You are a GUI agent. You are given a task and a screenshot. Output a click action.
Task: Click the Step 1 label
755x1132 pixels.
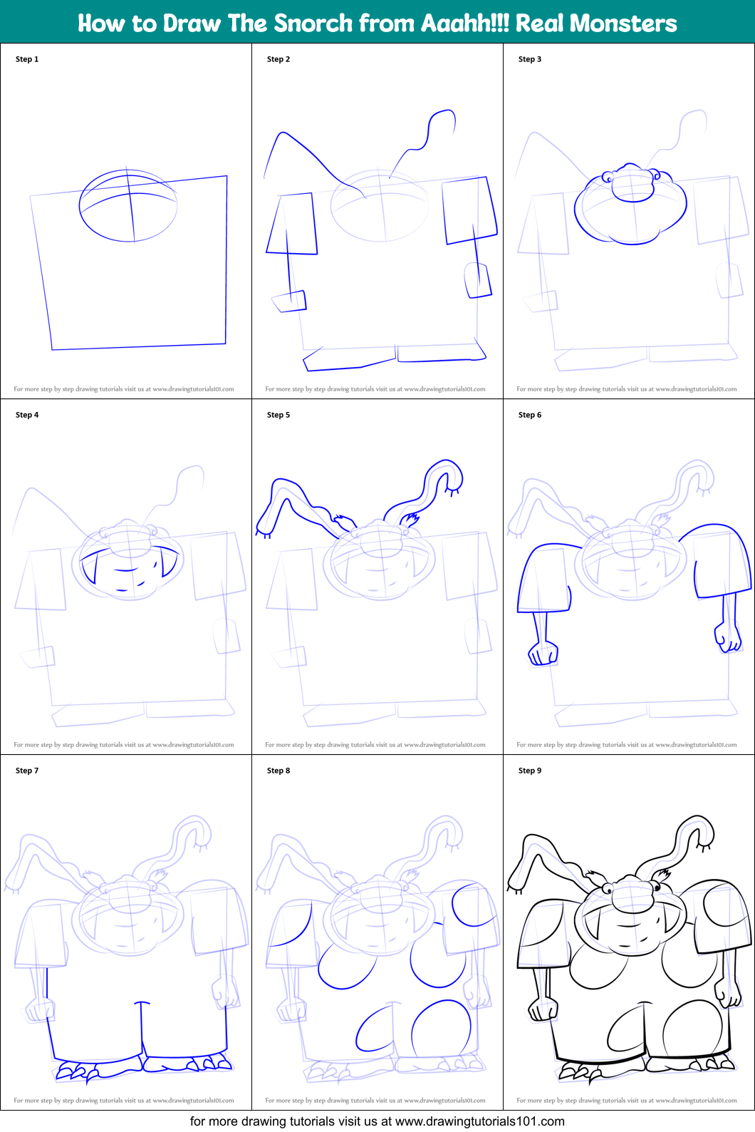click(27, 59)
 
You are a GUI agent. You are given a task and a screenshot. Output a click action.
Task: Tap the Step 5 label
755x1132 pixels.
click(278, 415)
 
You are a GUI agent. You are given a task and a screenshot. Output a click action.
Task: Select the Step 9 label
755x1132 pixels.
click(530, 771)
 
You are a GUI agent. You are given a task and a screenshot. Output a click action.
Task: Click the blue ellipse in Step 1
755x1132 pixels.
click(128, 205)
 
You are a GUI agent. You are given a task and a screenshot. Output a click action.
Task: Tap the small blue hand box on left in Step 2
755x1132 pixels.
click(290, 302)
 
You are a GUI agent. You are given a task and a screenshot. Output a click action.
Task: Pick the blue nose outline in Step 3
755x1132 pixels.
click(632, 184)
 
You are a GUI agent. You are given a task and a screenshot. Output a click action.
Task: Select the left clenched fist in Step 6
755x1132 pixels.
click(543, 653)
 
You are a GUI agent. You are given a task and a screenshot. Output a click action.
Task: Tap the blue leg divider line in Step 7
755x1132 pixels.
click(142, 1026)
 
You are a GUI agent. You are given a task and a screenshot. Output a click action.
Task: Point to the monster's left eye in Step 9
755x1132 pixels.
click(608, 889)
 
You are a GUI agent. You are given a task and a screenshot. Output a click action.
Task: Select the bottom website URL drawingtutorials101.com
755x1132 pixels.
click(479, 1121)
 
